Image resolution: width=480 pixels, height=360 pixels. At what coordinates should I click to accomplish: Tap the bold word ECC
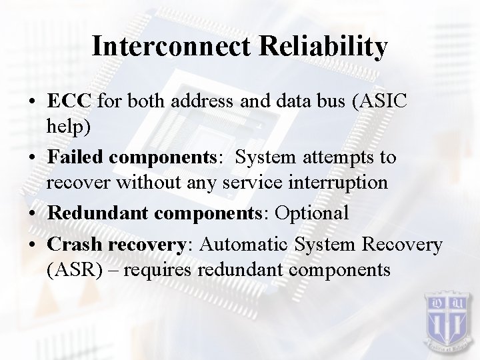[70, 101]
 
